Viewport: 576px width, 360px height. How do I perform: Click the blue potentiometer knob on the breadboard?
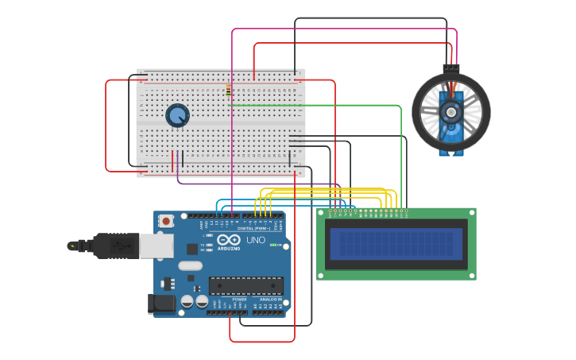coord(177,116)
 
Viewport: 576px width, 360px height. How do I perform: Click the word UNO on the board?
coord(256,240)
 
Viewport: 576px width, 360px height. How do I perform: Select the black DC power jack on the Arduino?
coord(161,304)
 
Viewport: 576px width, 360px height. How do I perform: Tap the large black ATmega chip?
coord(245,285)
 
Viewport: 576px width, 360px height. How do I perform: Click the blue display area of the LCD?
coord(396,244)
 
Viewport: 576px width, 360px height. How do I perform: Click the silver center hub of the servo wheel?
coord(451,112)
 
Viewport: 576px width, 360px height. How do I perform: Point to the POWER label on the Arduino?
coord(240,300)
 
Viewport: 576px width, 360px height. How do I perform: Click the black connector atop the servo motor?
coord(451,68)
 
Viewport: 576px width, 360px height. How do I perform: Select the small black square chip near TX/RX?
coord(192,249)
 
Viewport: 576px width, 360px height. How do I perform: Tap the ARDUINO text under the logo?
coord(229,248)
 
